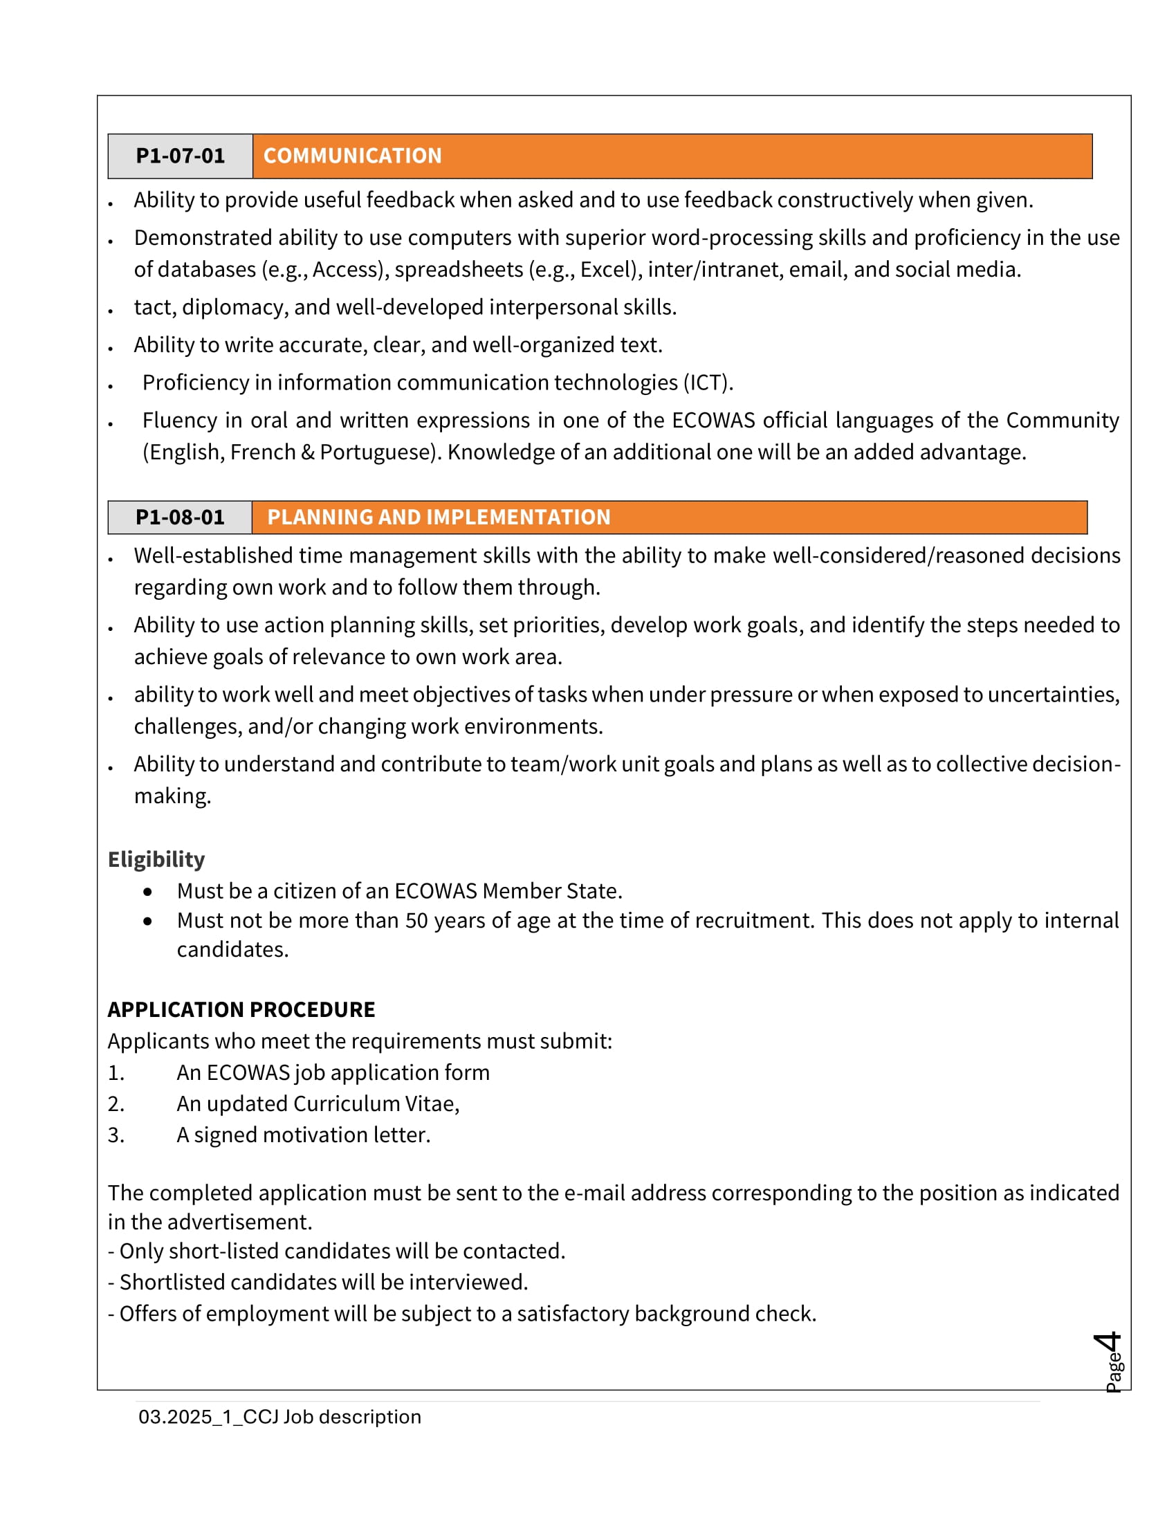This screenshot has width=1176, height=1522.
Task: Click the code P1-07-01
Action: point(180,156)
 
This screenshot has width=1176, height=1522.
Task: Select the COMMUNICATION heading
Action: point(352,156)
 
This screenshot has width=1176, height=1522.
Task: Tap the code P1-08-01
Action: point(180,517)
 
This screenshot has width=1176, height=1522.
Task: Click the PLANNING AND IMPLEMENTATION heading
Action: point(438,517)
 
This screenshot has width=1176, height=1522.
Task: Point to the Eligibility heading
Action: point(156,859)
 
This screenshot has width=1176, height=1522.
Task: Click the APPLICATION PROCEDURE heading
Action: point(241,1009)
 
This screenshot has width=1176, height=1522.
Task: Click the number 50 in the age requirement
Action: point(416,921)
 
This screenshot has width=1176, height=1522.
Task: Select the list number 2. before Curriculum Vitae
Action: point(116,1104)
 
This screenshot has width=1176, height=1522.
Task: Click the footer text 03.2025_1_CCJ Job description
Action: point(279,1417)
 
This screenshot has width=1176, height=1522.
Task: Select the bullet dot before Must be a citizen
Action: point(148,891)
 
